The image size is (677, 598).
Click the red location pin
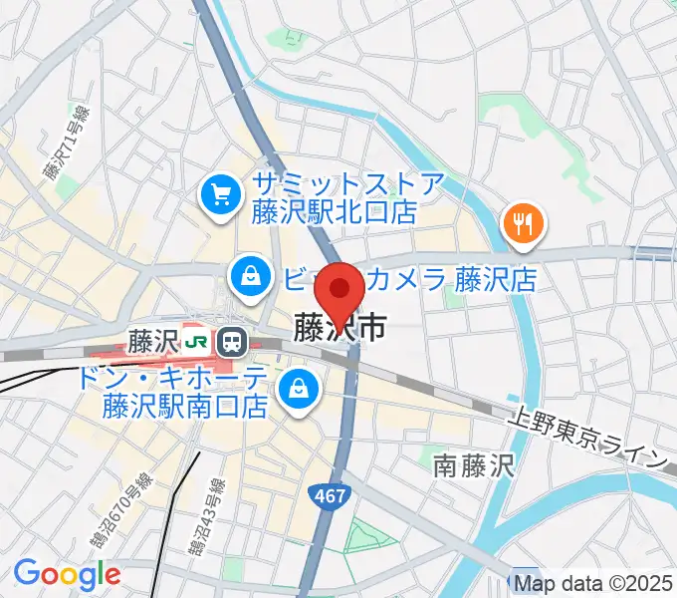[338, 290]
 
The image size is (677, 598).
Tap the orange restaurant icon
[523, 222]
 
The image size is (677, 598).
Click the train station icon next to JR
[232, 342]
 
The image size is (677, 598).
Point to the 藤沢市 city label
[338, 327]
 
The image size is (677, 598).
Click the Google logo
[67, 574]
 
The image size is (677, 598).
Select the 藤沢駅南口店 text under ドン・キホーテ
[186, 407]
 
